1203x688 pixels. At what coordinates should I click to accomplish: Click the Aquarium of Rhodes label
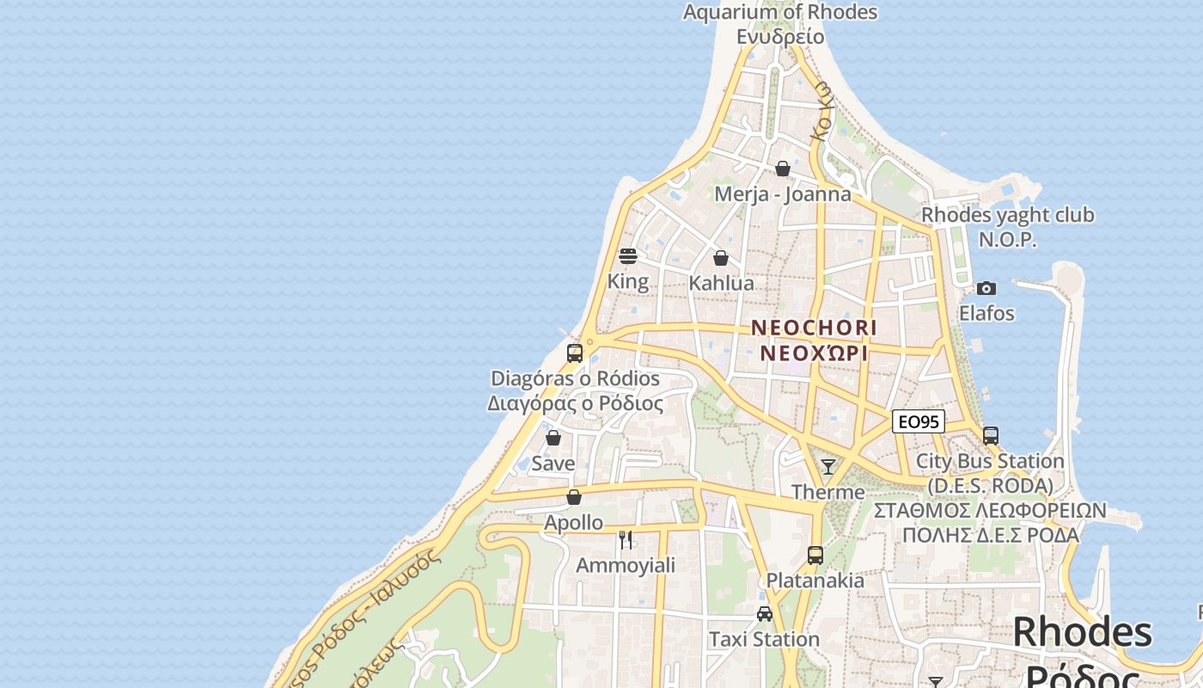point(780,12)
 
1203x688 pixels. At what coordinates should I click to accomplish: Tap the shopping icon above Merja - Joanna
point(782,169)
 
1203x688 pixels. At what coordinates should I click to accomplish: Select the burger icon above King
point(628,256)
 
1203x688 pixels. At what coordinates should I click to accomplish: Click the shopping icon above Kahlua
point(721,258)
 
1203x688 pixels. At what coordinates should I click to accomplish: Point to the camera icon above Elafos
point(986,288)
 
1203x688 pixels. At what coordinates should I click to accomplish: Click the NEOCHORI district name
point(814,328)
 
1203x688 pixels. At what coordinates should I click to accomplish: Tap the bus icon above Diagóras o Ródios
point(575,353)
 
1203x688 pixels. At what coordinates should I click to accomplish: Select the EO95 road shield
point(919,421)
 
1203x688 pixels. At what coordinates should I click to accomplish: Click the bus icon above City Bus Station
point(991,436)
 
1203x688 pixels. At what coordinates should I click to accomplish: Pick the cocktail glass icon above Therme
point(828,467)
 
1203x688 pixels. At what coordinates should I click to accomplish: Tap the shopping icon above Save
point(553,438)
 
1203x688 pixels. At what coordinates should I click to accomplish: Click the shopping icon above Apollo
point(574,497)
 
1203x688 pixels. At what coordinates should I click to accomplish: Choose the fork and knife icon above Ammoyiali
point(626,540)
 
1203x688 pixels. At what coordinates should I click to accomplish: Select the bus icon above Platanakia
point(815,556)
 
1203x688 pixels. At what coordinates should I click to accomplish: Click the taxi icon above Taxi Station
point(764,614)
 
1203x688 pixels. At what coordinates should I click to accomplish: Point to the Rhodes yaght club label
point(1008,215)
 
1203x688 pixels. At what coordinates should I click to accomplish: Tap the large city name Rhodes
point(1083,633)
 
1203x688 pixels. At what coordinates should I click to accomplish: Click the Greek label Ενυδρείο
point(780,37)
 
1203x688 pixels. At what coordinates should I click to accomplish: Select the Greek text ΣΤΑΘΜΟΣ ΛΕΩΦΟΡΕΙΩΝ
point(991,511)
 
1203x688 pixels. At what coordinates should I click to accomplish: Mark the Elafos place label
point(986,313)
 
